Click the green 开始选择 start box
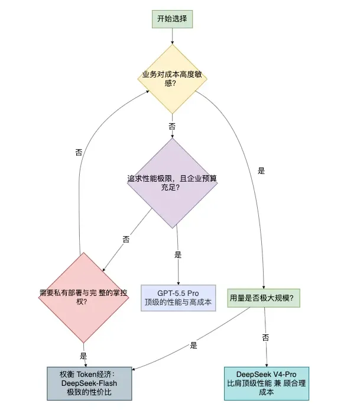click(x=172, y=19)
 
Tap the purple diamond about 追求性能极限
click(x=172, y=183)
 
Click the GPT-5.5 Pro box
click(x=177, y=298)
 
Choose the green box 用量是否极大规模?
click(x=264, y=297)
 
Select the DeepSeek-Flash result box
click(x=89, y=383)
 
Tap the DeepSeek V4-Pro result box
click(x=266, y=383)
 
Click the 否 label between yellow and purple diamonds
click(x=172, y=127)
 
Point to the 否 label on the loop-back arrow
click(x=79, y=152)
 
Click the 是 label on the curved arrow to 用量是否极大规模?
click(x=261, y=171)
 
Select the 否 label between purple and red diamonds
click(x=125, y=239)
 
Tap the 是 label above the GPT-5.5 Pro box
click(x=177, y=255)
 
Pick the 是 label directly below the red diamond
click(x=83, y=356)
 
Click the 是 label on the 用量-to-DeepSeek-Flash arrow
click(x=193, y=345)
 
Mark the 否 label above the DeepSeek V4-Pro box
click(x=265, y=337)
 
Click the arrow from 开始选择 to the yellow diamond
click(x=172, y=36)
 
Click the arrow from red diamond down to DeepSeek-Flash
click(x=83, y=349)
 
